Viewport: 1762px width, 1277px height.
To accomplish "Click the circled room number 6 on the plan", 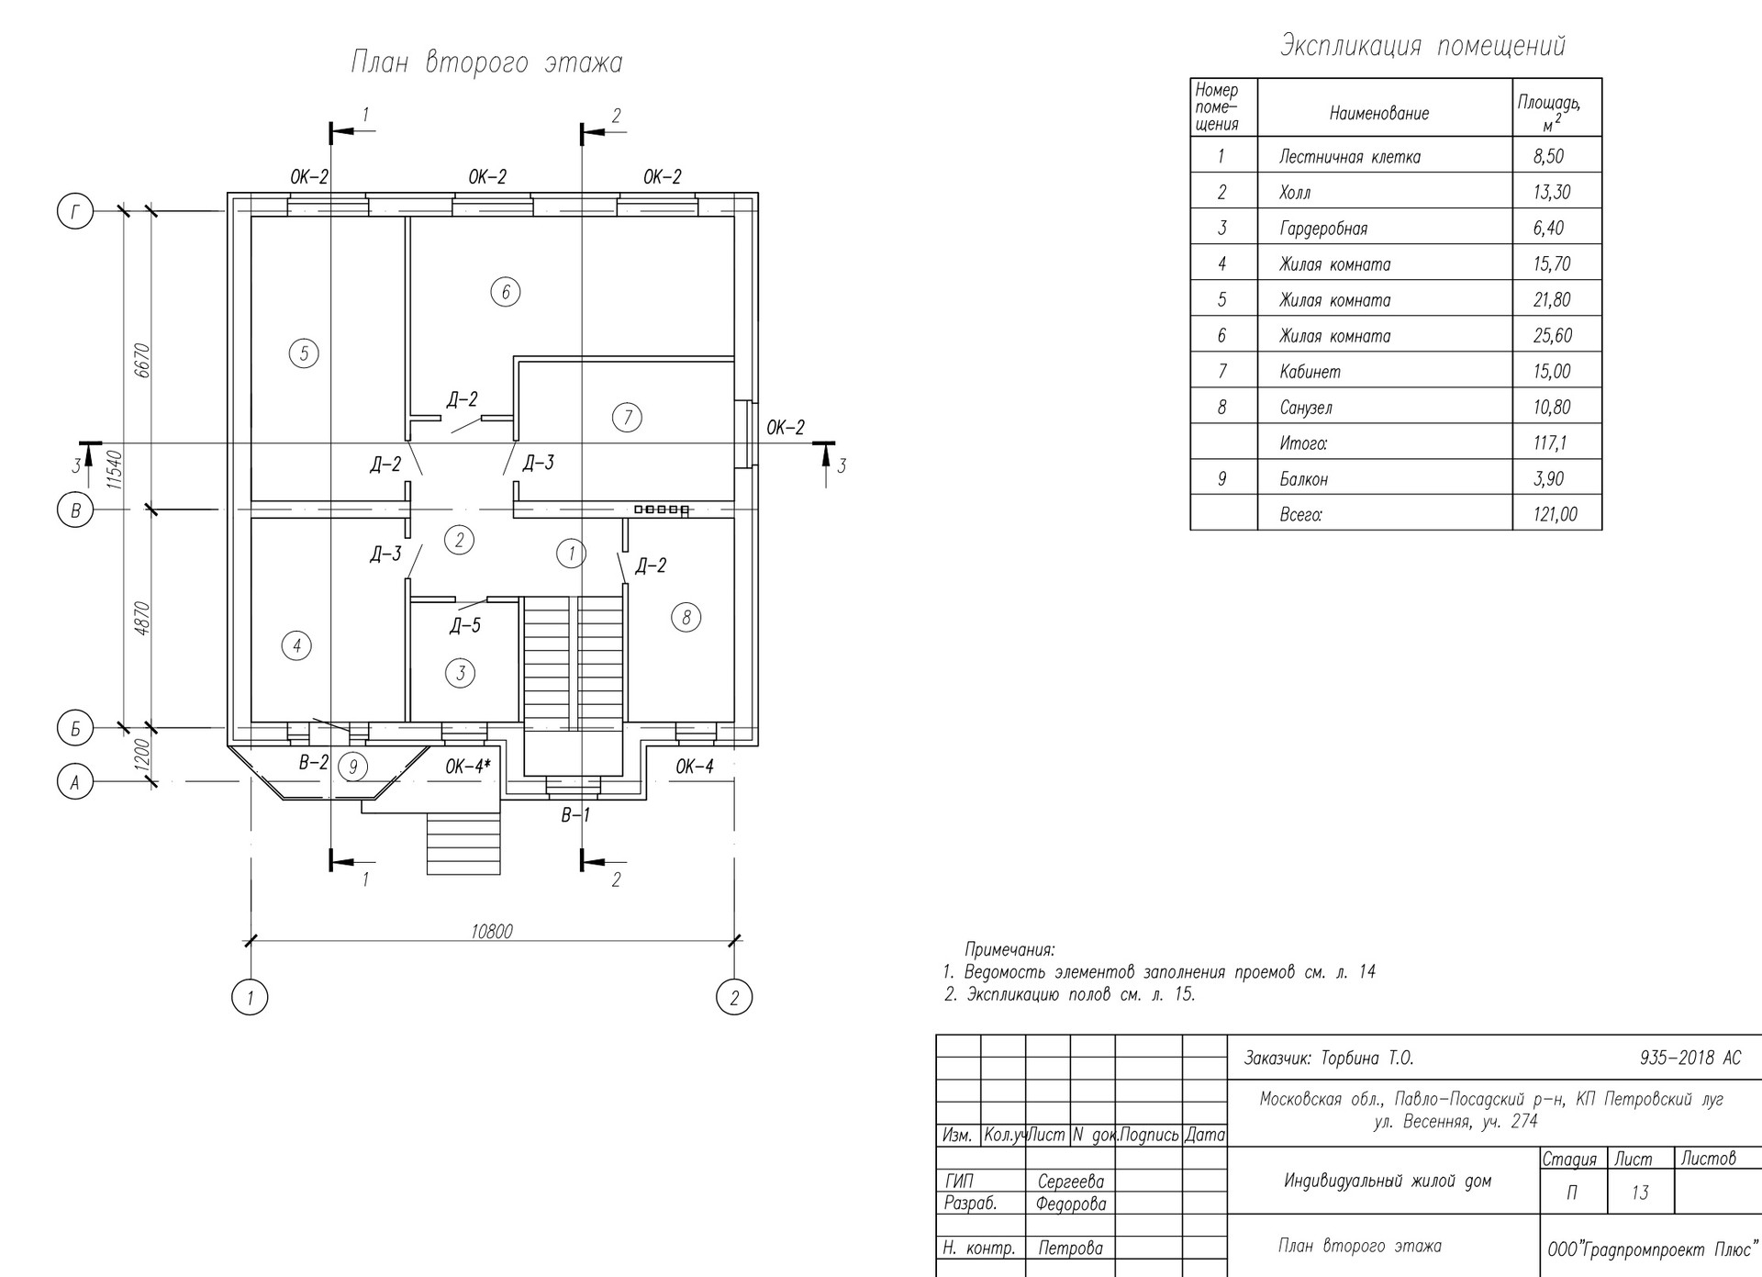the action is pyautogui.click(x=506, y=292).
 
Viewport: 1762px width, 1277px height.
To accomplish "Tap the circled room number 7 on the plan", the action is pyautogui.click(x=628, y=418).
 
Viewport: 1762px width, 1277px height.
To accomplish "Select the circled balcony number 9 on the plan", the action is pyautogui.click(x=353, y=766).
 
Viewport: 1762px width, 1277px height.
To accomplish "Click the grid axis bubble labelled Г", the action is pyautogui.click(x=75, y=213).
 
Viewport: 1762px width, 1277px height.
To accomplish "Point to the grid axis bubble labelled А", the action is pyautogui.click(x=75, y=782).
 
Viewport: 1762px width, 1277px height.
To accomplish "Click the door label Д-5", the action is pyautogui.click(x=465, y=626).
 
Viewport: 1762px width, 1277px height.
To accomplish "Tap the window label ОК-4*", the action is pyautogui.click(x=468, y=766).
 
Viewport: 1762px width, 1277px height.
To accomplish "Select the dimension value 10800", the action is pyautogui.click(x=492, y=932).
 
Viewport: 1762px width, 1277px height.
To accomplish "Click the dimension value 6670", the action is pyautogui.click(x=141, y=361).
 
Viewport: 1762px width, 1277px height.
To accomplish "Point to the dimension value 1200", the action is pyautogui.click(x=141, y=756).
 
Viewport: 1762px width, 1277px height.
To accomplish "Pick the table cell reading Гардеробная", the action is pyautogui.click(x=1323, y=229).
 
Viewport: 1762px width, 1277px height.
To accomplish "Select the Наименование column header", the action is pyautogui.click(x=1379, y=114).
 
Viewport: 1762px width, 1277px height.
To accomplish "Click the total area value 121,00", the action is pyautogui.click(x=1556, y=514).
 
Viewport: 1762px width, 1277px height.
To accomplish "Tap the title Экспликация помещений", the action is pyautogui.click(x=1422, y=46).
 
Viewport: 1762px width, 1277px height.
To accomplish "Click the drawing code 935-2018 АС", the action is pyautogui.click(x=1690, y=1058).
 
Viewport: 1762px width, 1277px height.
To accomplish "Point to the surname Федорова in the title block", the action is pyautogui.click(x=1071, y=1204).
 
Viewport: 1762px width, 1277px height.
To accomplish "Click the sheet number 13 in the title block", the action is pyautogui.click(x=1640, y=1193).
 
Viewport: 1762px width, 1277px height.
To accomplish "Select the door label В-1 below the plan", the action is pyautogui.click(x=576, y=814).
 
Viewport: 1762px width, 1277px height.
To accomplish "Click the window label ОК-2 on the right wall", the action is pyautogui.click(x=786, y=427).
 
